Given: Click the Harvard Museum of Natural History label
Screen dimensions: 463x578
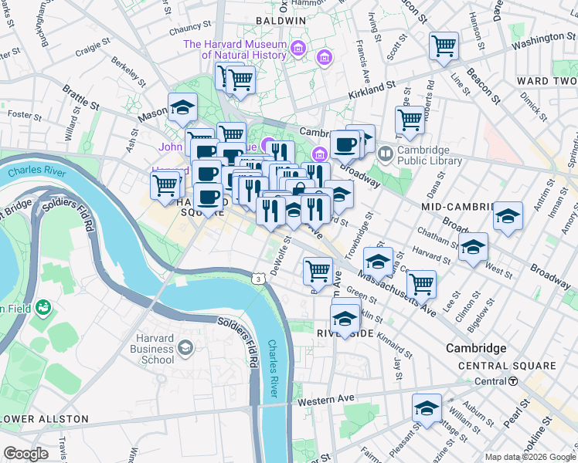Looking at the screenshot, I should tap(235, 49).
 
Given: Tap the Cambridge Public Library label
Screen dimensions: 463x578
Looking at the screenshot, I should tap(430, 156).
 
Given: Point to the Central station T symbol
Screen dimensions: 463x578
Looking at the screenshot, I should tap(513, 381).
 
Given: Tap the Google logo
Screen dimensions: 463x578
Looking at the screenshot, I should tap(26, 454).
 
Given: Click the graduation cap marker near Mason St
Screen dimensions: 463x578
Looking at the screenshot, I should tap(182, 108).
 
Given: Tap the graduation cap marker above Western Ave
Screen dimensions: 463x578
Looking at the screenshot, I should tap(427, 410).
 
